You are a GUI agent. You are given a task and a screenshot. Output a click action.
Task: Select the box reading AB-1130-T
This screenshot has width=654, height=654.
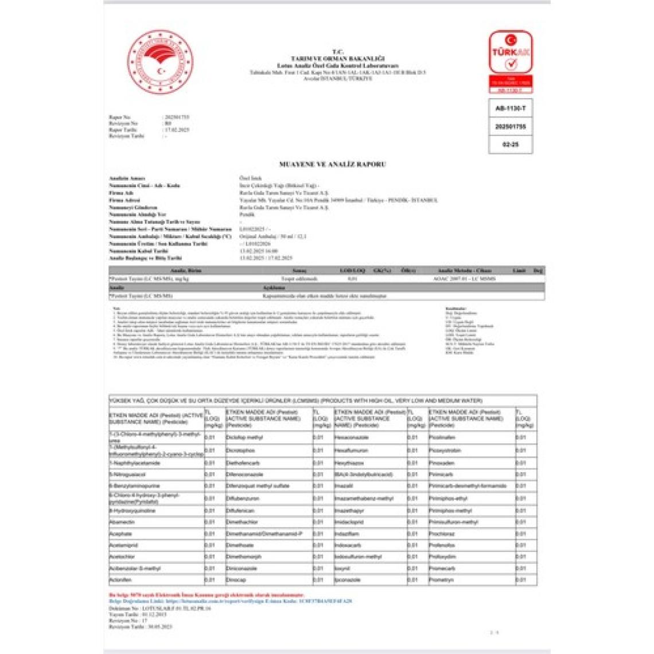click(x=510, y=108)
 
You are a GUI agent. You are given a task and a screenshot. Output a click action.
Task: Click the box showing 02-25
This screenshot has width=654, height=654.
click(x=510, y=145)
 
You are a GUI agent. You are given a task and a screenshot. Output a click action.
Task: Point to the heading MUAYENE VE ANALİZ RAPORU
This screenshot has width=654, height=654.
click(x=332, y=164)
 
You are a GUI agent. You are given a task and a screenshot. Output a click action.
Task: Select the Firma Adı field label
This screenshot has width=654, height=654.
click(x=122, y=193)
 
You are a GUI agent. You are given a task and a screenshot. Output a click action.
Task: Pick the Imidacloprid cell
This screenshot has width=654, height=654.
click(x=349, y=522)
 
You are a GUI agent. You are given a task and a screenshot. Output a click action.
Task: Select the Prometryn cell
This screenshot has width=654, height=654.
click(x=441, y=580)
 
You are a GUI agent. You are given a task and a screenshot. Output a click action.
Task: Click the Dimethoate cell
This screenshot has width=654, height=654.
click(x=240, y=545)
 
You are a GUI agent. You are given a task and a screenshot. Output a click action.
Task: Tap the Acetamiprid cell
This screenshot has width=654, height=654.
click(x=123, y=545)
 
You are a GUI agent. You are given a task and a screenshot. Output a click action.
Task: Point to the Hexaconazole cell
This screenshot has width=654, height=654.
click(x=351, y=437)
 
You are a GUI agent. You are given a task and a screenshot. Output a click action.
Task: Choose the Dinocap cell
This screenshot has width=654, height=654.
click(x=236, y=580)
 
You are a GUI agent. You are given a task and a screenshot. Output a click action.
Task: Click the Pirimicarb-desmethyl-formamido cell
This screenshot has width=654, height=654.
click(x=468, y=485)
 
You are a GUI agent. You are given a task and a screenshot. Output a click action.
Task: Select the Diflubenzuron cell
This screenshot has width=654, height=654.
click(x=242, y=499)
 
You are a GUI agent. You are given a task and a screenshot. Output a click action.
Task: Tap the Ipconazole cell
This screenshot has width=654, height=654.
click(x=348, y=580)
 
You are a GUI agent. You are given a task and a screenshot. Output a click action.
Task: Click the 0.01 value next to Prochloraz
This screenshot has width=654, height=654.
click(x=520, y=534)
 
